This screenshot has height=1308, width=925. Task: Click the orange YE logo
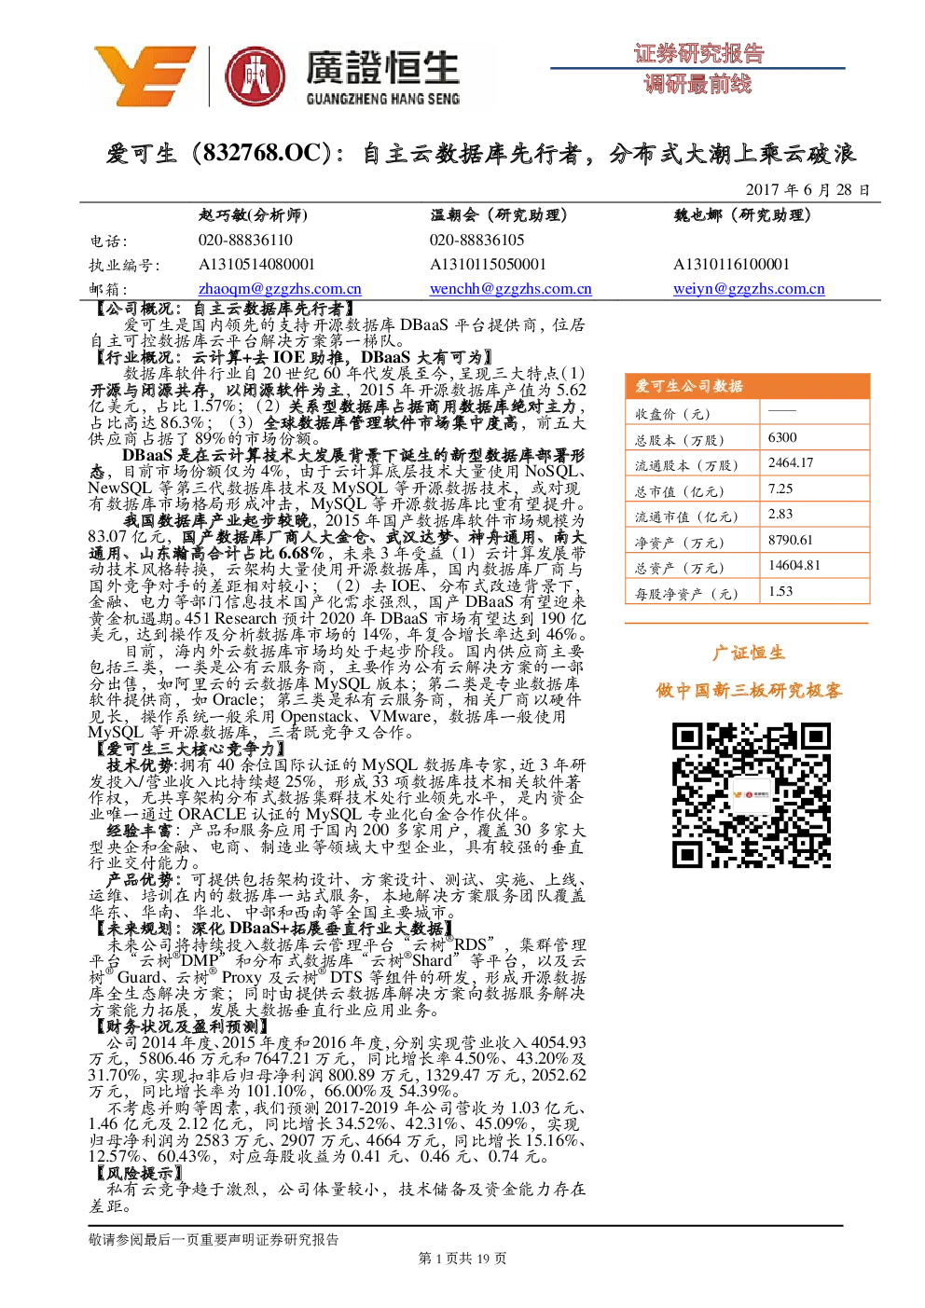point(145,76)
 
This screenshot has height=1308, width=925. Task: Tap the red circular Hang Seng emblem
point(255,76)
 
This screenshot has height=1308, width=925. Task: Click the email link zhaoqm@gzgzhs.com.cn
point(280,288)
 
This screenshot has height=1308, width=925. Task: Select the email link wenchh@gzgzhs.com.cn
point(510,288)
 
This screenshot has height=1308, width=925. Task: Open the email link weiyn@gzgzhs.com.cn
point(749,288)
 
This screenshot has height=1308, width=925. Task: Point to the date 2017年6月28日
point(808,190)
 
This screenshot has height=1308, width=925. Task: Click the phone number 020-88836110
point(245,240)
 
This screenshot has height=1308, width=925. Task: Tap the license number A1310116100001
point(731,265)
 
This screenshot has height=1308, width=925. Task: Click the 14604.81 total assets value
point(794,565)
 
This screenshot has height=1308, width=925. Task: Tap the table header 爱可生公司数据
point(688,386)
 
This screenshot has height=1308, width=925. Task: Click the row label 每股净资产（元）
point(686,594)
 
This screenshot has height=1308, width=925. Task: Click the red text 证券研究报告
point(698,54)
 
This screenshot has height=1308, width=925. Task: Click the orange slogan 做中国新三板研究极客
point(749,691)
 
